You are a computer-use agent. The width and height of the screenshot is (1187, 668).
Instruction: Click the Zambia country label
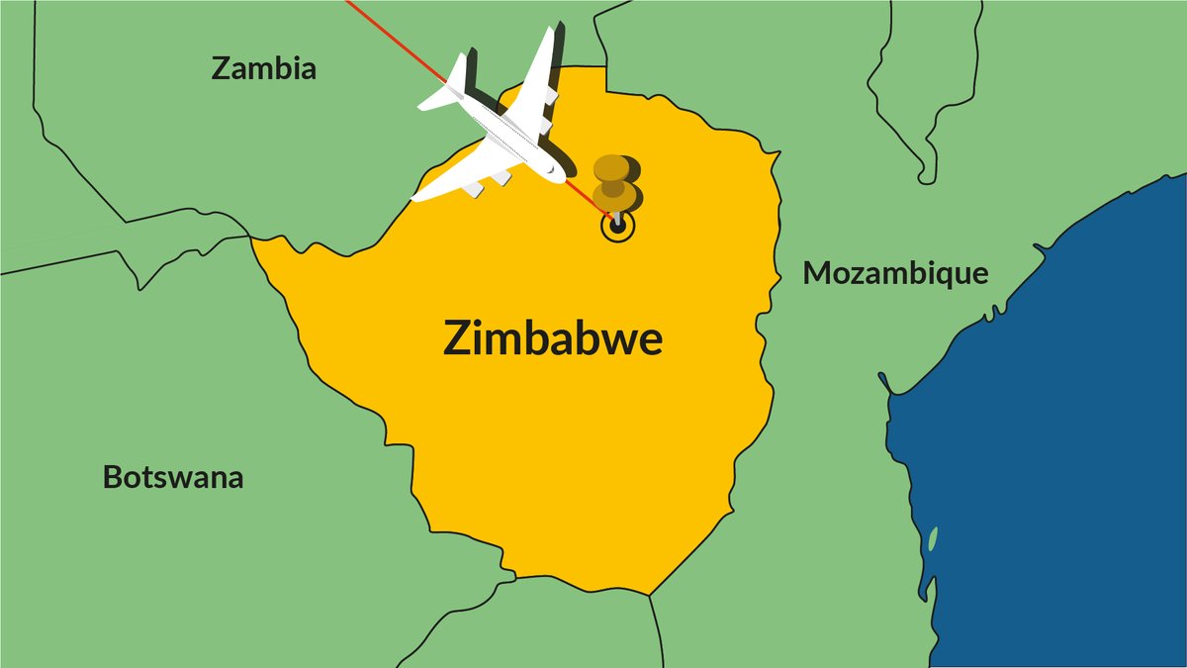(264, 68)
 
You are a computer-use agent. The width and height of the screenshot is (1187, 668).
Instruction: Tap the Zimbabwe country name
(552, 339)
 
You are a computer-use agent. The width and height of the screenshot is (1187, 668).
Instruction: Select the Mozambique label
(895, 273)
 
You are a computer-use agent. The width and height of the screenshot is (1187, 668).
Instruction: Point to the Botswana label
(173, 478)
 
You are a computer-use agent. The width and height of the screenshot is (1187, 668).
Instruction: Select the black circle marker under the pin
(617, 227)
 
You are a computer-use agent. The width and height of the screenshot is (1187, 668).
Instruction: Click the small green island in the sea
(933, 539)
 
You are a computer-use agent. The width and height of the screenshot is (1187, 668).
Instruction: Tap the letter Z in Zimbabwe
(458, 338)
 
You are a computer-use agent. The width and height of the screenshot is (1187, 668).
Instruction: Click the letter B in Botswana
(113, 478)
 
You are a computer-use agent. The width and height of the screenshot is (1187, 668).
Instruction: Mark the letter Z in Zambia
(223, 68)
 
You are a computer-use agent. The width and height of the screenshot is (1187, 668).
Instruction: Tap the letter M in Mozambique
(817, 273)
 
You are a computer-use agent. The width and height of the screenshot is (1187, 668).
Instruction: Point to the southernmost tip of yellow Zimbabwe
(649, 594)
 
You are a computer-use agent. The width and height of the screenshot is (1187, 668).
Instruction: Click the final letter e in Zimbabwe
(649, 341)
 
